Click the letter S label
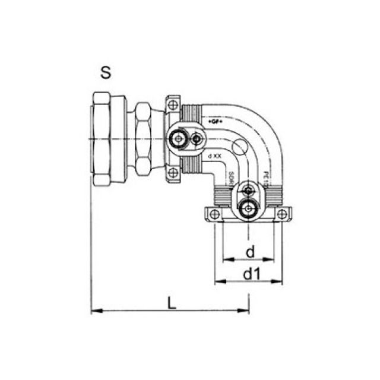tap(106, 73)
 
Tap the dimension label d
tap(250, 252)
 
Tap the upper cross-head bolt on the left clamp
tap(172, 105)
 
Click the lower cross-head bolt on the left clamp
tap(172, 173)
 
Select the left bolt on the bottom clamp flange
tap(215, 214)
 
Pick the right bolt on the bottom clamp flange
tap(283, 214)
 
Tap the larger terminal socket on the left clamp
tap(176, 140)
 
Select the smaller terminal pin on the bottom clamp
tap(248, 192)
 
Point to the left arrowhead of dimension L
tap(94, 310)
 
